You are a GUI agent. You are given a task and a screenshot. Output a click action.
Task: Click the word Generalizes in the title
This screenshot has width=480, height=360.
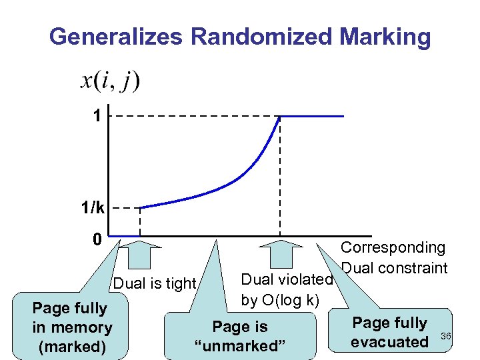tap(116, 36)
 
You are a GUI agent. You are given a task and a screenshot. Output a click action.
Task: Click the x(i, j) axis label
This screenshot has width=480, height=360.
tap(110, 81)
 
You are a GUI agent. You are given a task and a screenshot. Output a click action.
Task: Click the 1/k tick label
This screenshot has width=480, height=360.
tap(93, 208)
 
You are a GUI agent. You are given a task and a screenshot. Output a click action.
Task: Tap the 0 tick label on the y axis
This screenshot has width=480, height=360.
tap(97, 239)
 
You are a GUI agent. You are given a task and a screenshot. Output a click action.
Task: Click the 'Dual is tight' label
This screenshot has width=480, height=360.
tap(155, 283)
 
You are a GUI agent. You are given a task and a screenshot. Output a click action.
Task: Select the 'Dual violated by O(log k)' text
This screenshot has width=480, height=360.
tap(287, 289)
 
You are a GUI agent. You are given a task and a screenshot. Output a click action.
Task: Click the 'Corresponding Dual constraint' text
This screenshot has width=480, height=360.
tap(393, 257)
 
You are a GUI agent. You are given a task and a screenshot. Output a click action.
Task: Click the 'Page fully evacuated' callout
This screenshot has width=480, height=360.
tap(390, 332)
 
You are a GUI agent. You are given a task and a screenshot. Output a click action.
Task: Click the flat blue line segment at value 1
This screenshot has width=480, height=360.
tap(312, 117)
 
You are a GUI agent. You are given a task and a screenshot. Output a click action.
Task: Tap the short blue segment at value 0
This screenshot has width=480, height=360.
tap(124, 236)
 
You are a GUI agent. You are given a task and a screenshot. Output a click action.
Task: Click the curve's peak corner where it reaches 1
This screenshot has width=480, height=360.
tap(280, 117)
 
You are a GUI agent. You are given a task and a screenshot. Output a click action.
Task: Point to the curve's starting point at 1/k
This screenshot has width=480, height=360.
tap(141, 207)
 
